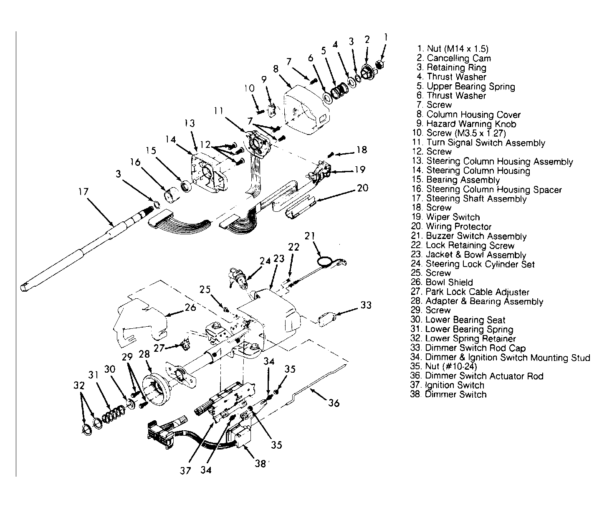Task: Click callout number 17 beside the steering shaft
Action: [x=83, y=192]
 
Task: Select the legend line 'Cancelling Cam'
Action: [x=453, y=58]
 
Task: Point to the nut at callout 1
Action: [x=380, y=64]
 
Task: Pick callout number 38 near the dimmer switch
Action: [x=260, y=464]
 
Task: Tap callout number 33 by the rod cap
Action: [x=366, y=305]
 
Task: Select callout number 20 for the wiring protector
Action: [x=363, y=188]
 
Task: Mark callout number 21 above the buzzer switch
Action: [x=309, y=236]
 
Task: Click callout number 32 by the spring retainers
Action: [x=78, y=386]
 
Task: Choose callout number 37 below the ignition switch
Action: [x=185, y=470]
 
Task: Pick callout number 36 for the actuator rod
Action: [x=334, y=403]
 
